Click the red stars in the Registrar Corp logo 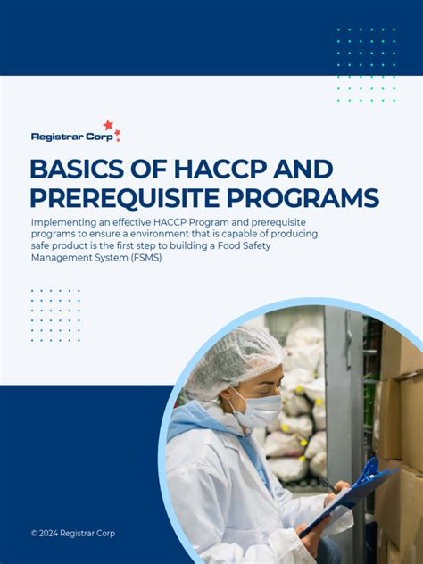pyautogui.click(x=111, y=128)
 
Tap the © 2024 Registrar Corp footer pyautogui.click(x=73, y=534)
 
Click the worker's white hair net pyautogui.click(x=228, y=357)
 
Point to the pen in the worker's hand pyautogui.click(x=328, y=486)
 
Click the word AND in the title pyautogui.click(x=303, y=170)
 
